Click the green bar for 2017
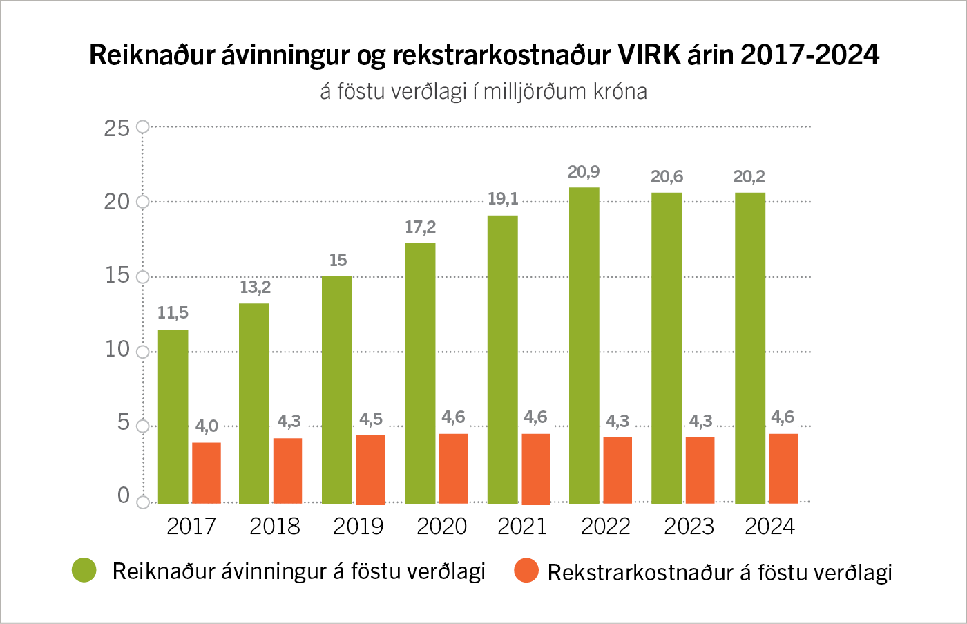tap(173, 417)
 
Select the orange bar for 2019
tap(370, 469)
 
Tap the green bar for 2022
tap(584, 346)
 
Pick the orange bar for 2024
tap(783, 469)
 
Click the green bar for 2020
tap(420, 373)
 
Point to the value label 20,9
tap(584, 171)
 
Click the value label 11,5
tap(173, 313)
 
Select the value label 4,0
tap(207, 426)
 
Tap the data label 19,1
tap(503, 199)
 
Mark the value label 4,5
tap(371, 419)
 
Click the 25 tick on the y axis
tap(117, 128)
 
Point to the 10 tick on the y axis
tap(117, 349)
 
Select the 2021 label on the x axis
tap(522, 527)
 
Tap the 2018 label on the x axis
tap(275, 527)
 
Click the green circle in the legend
tap(84, 570)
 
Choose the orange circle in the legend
tap(526, 571)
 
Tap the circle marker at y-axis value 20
tap(143, 202)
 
